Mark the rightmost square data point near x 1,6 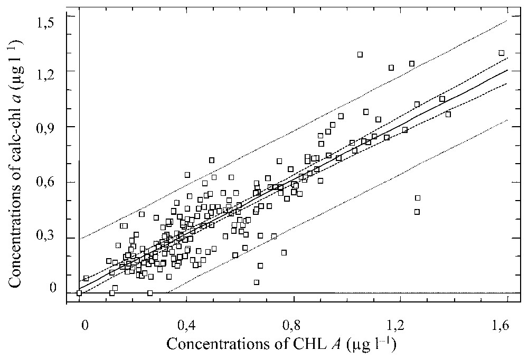pos(502,53)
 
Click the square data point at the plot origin pos(79,293)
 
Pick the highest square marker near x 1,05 pos(360,54)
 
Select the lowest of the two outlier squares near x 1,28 pos(417,212)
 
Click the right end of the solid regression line pos(507,70)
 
